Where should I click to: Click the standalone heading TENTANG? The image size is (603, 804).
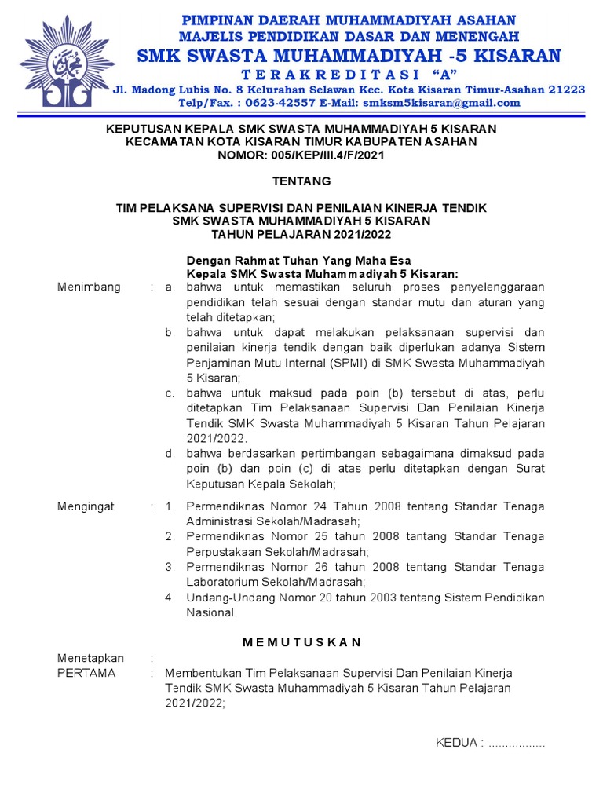coord(301,181)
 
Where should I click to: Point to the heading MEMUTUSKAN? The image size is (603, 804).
coord(301,642)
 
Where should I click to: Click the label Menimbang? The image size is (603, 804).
coord(90,287)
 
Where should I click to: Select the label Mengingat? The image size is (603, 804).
coord(86,507)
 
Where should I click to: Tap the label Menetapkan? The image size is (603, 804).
coord(88,658)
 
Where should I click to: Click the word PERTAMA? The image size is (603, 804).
coord(86,674)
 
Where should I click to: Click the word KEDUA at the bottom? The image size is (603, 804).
coord(458,743)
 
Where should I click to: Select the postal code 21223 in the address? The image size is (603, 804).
coord(567,90)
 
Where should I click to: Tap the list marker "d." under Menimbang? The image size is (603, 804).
coord(170,454)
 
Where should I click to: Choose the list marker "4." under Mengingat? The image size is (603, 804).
coord(170,598)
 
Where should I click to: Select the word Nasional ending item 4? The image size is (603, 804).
coord(210,612)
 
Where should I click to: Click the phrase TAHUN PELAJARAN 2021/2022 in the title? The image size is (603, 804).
coord(301,234)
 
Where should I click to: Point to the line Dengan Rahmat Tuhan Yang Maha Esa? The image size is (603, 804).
coord(298,260)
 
